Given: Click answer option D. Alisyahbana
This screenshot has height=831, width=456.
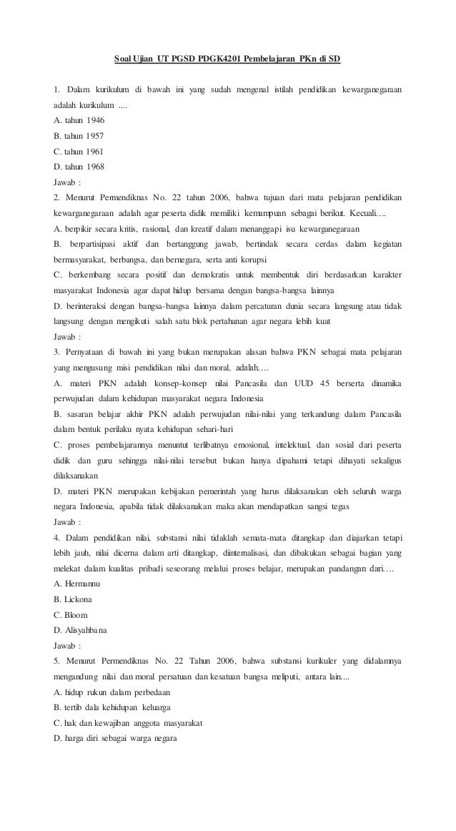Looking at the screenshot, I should (81, 630).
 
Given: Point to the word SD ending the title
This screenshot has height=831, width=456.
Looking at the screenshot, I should (334, 58).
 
